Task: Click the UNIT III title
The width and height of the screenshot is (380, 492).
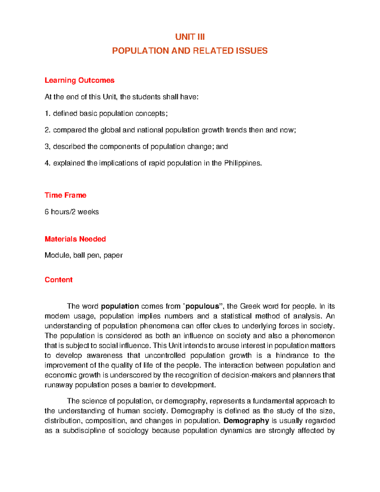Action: pyautogui.click(x=190, y=37)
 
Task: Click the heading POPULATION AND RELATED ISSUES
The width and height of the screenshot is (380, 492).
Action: pyautogui.click(x=190, y=51)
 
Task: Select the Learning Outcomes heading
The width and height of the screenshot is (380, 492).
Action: pyautogui.click(x=79, y=80)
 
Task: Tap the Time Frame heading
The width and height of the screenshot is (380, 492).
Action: pyautogui.click(x=66, y=195)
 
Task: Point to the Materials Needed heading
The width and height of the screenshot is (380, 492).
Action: pyautogui.click(x=75, y=239)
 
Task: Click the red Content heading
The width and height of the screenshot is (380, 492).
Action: pyautogui.click(x=59, y=280)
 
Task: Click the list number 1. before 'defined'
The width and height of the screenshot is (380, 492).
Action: pyautogui.click(x=47, y=113)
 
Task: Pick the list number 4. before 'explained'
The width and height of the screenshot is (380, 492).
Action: pyautogui.click(x=47, y=163)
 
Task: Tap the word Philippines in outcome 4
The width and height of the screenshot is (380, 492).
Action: pyautogui.click(x=243, y=163)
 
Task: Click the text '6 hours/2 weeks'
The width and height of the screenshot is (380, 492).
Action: pyautogui.click(x=72, y=212)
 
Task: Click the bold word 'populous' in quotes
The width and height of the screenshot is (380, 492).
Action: pyautogui.click(x=202, y=306)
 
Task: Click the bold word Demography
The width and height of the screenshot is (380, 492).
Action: pyautogui.click(x=246, y=421)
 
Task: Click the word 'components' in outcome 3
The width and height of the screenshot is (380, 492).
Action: pyautogui.click(x=119, y=147)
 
